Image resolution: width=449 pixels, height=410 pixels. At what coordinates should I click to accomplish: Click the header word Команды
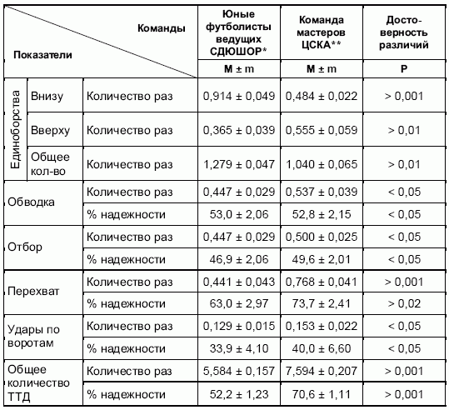click(x=162, y=28)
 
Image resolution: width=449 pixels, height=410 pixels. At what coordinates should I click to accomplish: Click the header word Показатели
click(x=42, y=55)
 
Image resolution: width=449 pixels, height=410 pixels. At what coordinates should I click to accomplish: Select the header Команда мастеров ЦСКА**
click(x=321, y=32)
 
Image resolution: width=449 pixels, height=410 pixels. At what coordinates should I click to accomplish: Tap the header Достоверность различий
click(x=404, y=32)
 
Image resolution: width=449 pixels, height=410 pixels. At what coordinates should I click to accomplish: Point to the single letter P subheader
click(x=404, y=69)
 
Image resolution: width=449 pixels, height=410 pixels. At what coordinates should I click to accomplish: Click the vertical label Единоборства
click(x=16, y=129)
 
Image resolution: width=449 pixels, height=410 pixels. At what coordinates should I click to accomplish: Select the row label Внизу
click(x=47, y=97)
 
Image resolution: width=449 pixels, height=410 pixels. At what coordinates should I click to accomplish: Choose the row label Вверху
click(x=50, y=131)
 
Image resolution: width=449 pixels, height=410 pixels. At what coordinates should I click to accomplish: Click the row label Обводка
click(x=31, y=202)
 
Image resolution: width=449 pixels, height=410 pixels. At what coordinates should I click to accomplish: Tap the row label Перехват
click(x=33, y=292)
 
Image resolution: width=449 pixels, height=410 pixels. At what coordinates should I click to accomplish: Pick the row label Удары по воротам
click(x=33, y=336)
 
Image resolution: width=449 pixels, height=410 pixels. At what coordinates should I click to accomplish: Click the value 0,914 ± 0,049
click(x=239, y=96)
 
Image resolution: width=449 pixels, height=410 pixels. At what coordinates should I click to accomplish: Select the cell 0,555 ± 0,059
click(x=322, y=130)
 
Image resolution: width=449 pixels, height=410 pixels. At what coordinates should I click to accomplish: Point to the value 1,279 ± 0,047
click(x=239, y=164)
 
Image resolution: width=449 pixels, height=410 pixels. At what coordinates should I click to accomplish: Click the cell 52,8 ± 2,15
click(x=322, y=214)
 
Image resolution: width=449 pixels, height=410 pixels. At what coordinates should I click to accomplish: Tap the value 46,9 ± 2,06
click(x=239, y=259)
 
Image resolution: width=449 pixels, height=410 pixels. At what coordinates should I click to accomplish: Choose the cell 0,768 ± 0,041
click(x=322, y=282)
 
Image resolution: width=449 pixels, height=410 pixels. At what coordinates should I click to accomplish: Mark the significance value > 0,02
click(x=404, y=303)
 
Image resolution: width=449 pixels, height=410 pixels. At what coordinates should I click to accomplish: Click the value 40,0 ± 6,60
click(x=322, y=348)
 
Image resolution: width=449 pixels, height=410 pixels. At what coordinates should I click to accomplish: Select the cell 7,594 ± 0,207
click(x=322, y=371)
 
